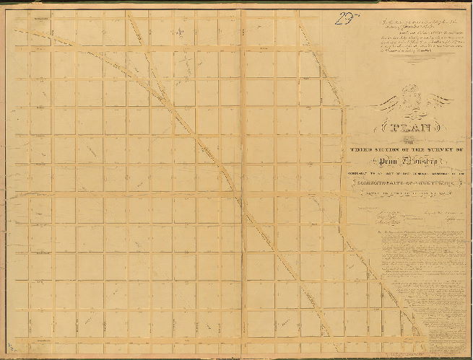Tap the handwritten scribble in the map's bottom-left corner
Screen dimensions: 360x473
(22, 346)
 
